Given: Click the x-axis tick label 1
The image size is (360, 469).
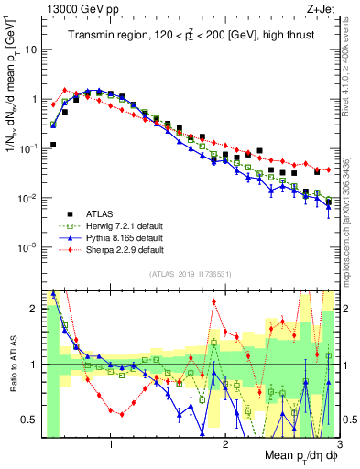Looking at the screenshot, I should pos(111,446).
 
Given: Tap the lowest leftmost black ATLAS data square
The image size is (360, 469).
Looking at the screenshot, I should pos(53,145).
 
